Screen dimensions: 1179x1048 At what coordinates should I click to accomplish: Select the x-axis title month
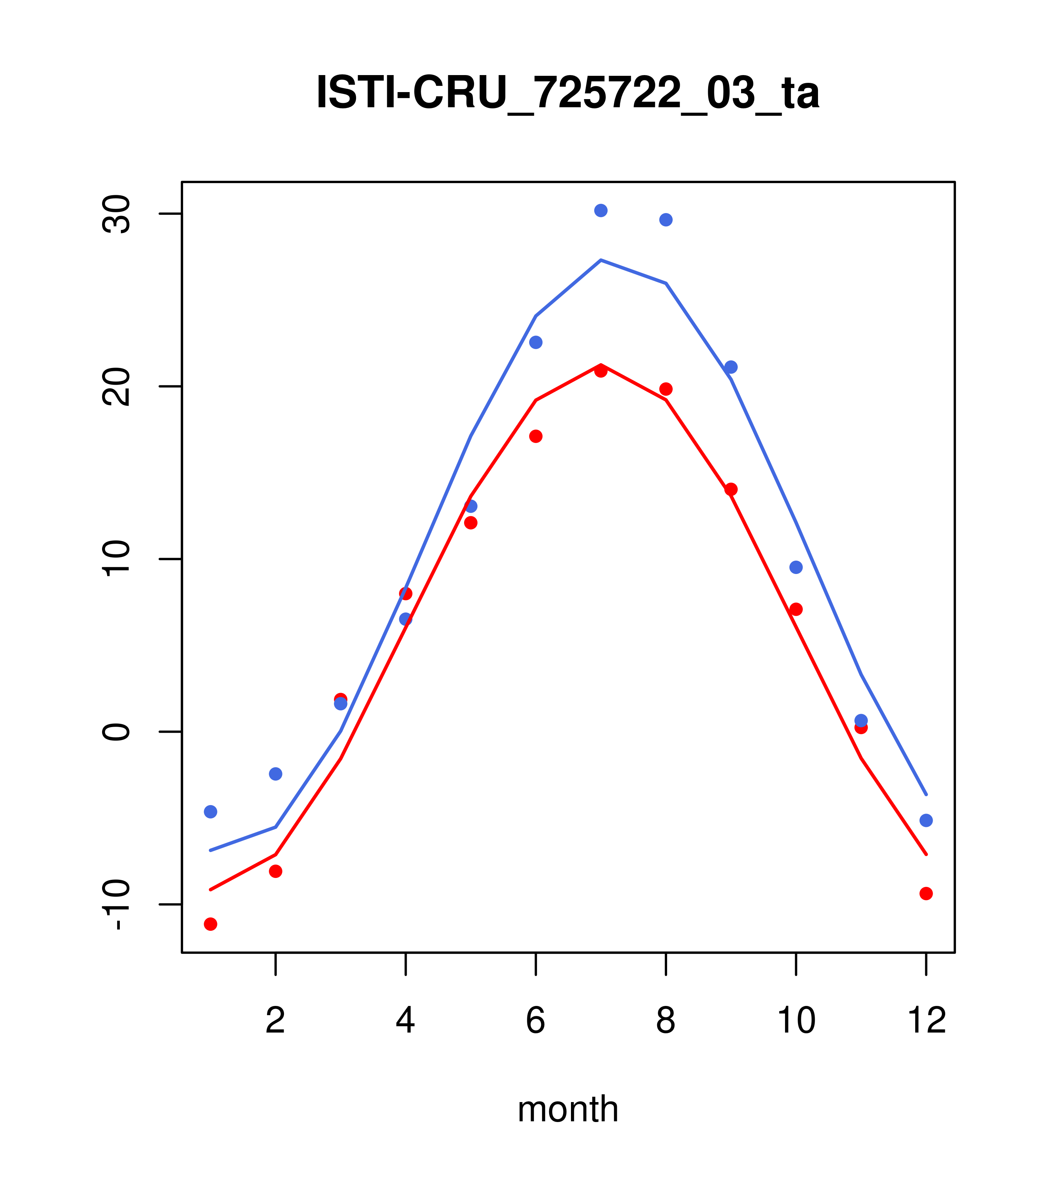pyautogui.click(x=568, y=1109)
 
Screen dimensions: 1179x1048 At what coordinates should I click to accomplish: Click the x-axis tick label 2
pyautogui.click(x=276, y=1020)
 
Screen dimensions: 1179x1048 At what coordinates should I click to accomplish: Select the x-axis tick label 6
pyautogui.click(x=536, y=1020)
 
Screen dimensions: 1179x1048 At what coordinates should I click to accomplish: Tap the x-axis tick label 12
pyautogui.click(x=926, y=1020)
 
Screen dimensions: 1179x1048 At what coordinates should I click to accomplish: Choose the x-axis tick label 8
pyautogui.click(x=666, y=1020)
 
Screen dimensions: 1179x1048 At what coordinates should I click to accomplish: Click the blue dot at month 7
pyautogui.click(x=601, y=210)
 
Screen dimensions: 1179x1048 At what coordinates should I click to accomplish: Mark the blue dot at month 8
pyautogui.click(x=666, y=220)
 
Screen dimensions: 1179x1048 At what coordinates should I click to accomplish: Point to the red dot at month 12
pyautogui.click(x=926, y=893)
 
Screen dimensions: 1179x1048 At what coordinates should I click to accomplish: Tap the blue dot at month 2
pyautogui.click(x=276, y=774)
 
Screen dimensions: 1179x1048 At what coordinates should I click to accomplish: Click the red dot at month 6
pyautogui.click(x=536, y=436)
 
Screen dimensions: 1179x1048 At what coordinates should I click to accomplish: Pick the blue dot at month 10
pyautogui.click(x=796, y=567)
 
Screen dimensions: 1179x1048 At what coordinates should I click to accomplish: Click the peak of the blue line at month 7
pyautogui.click(x=601, y=260)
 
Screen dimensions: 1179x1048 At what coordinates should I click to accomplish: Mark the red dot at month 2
pyautogui.click(x=276, y=871)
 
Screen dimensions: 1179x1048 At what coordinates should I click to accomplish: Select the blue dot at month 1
pyautogui.click(x=210, y=811)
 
